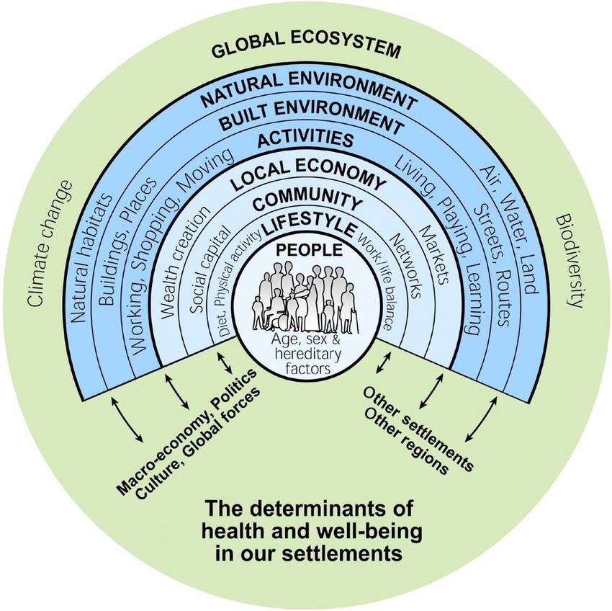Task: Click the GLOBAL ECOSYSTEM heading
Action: [305, 50]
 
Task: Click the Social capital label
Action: [210, 271]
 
